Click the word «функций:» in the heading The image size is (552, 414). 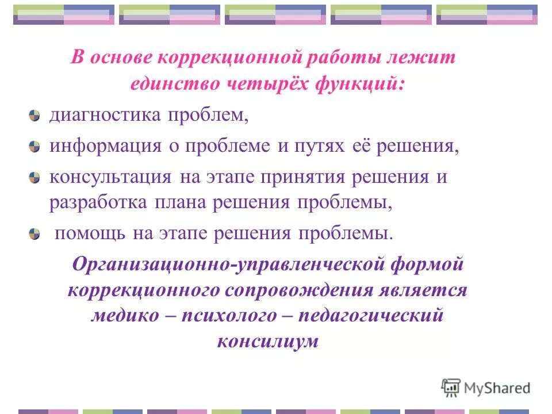click(359, 84)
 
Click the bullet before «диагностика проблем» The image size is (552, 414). click(35, 116)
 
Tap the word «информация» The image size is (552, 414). click(105, 145)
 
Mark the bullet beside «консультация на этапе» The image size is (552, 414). click(35, 177)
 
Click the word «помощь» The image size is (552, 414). click(85, 234)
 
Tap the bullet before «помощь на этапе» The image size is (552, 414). click(35, 234)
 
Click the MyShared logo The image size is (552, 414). click(485, 388)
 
